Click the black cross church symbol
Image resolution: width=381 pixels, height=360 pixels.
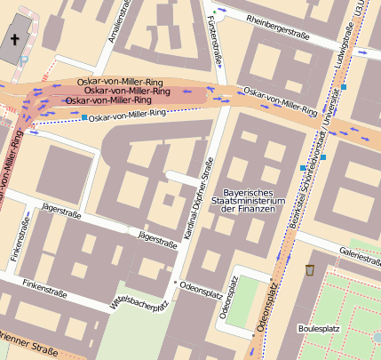tap(14, 39)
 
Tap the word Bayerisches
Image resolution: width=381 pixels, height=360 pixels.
tap(252, 192)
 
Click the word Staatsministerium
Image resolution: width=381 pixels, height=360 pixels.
tap(252, 202)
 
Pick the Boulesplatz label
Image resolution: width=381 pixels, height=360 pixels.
tap(320, 328)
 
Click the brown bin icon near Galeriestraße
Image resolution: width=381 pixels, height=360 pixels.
tap(310, 270)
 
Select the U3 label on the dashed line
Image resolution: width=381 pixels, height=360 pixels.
tap(360, 10)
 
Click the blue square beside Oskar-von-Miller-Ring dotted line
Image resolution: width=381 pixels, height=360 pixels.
tap(84, 117)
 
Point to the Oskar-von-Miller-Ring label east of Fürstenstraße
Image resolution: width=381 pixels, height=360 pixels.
tap(281, 102)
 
